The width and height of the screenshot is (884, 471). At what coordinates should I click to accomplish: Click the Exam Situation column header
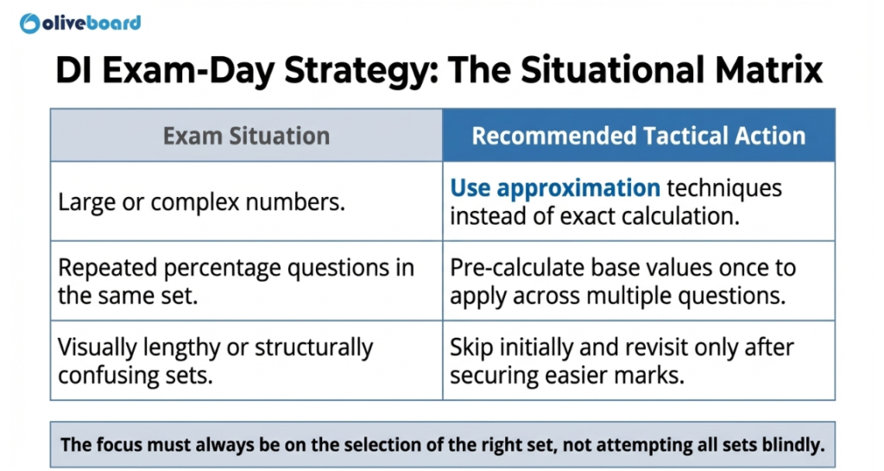pos(246,136)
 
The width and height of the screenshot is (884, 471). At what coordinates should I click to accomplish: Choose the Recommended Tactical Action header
pos(638,136)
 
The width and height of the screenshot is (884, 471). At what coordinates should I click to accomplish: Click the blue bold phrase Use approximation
pos(555,188)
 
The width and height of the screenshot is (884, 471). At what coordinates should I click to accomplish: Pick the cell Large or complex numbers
pos(201,202)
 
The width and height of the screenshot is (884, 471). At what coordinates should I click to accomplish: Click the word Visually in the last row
pos(98,347)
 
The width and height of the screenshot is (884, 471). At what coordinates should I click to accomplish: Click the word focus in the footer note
pos(115,446)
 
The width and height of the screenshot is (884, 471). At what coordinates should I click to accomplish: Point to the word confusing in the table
pos(109,376)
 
